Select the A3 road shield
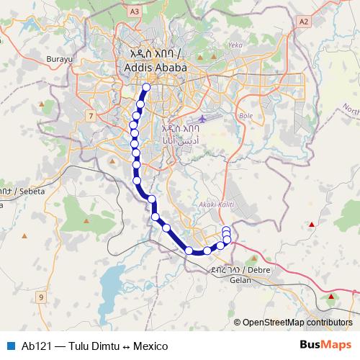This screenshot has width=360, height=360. pos(133,11)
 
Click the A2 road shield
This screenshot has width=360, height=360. pos(303,22)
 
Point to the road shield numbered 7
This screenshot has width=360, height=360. pos(90,115)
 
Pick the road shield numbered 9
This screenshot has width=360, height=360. pos(41,297)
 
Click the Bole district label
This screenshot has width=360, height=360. pos(246,114)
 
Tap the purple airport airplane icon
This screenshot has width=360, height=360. pos(203,118)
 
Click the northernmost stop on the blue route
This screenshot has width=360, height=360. pos(146,88)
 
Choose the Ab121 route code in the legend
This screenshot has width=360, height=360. pos(36,346)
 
